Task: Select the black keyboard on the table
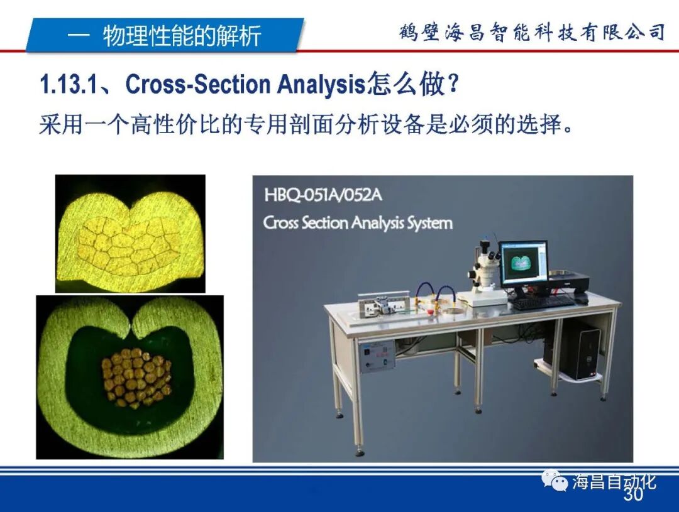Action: point(542,302)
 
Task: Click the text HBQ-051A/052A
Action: point(323,194)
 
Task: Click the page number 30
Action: point(633,496)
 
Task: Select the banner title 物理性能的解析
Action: point(182,36)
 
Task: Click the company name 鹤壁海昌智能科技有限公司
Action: point(531,32)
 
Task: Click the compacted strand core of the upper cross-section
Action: point(129,247)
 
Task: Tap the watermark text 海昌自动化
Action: point(614,482)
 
